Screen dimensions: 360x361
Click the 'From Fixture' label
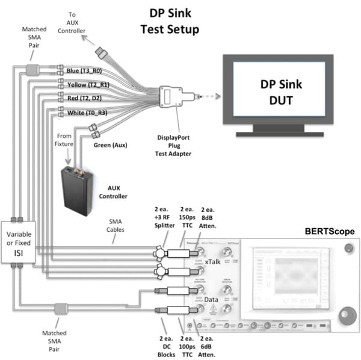coord(66,140)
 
